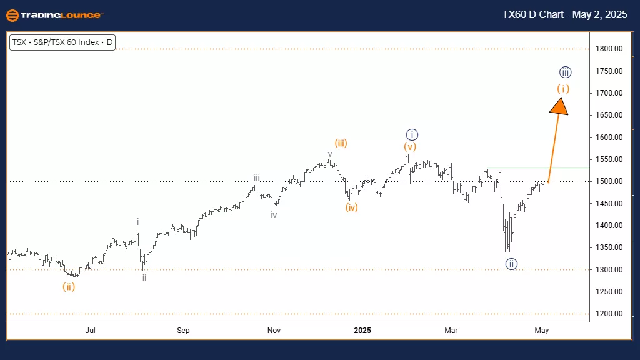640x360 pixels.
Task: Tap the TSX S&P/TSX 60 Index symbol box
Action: click(62, 43)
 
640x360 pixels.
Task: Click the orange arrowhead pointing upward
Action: click(560, 106)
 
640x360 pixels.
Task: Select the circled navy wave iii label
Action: click(566, 72)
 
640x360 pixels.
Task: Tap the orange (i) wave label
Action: click(563, 89)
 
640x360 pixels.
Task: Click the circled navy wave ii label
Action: click(511, 264)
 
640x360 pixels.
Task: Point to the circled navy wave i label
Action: click(411, 134)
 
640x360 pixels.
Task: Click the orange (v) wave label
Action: click(409, 147)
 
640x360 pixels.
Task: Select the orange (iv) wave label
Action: click(352, 207)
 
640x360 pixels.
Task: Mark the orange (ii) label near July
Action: click(69, 287)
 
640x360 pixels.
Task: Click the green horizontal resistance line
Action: click(537, 167)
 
